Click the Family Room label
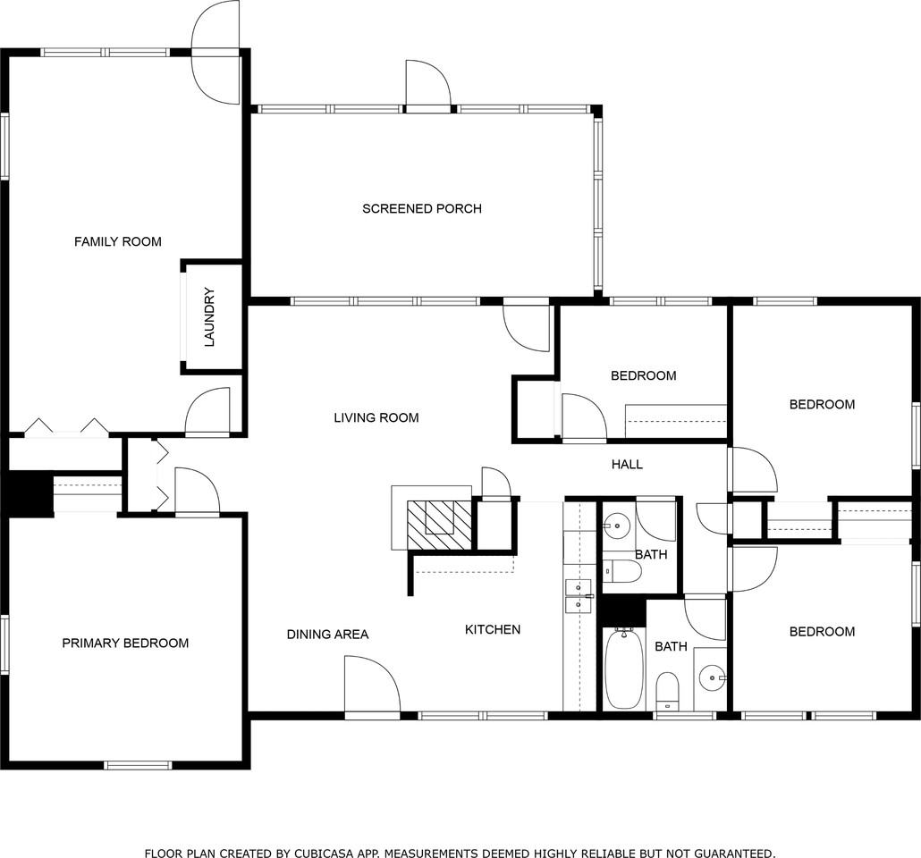click(x=117, y=241)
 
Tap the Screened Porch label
click(x=422, y=208)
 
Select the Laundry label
click(x=210, y=316)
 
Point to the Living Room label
click(x=376, y=417)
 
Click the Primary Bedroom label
click(x=125, y=643)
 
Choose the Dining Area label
click(x=328, y=635)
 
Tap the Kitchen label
click(x=493, y=629)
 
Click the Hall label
click(x=627, y=465)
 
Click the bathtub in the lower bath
click(x=624, y=669)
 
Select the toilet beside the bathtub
click(x=667, y=692)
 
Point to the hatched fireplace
click(x=440, y=526)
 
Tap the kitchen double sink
click(x=579, y=596)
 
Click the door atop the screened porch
click(x=428, y=85)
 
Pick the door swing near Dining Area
click(x=372, y=686)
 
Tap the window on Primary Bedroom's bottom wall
click(x=138, y=765)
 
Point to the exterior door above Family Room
click(x=216, y=53)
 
